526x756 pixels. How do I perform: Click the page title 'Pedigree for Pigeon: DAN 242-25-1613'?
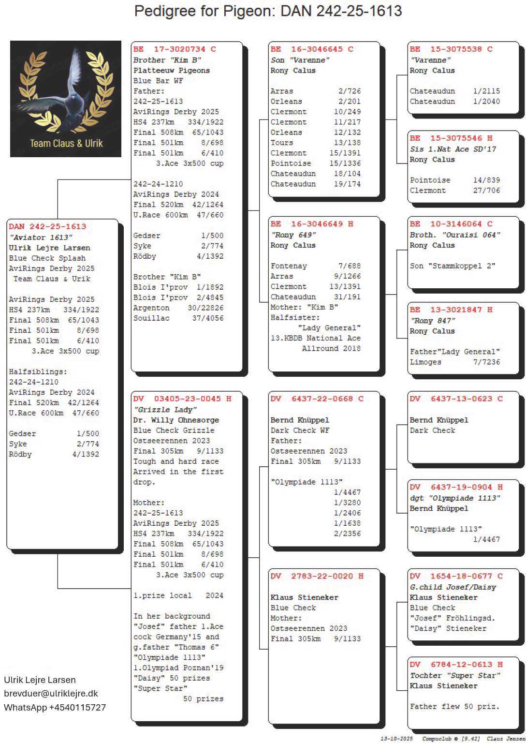(x=268, y=11)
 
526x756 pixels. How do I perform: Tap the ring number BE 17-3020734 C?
(x=175, y=49)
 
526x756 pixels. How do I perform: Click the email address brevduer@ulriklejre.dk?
(x=51, y=693)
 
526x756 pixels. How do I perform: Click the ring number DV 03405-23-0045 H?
(x=182, y=399)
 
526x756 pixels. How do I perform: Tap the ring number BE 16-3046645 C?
(x=312, y=49)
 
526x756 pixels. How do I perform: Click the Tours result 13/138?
(x=347, y=143)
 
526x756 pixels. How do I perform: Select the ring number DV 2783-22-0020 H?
(x=317, y=576)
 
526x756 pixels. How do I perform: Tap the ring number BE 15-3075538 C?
(x=451, y=49)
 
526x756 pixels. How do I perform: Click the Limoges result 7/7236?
(x=486, y=362)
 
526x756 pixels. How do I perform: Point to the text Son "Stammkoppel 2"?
(x=453, y=266)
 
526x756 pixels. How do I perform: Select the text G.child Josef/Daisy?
(x=453, y=587)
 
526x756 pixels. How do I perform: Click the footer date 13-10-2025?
(x=396, y=739)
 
